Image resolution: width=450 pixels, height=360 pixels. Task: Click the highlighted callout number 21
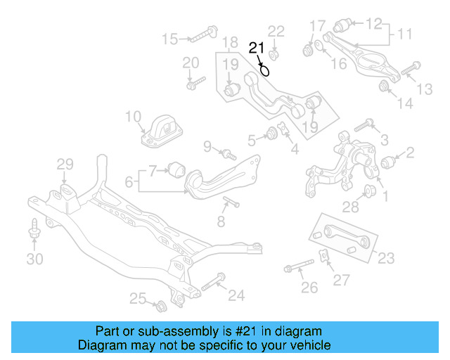pos(256,48)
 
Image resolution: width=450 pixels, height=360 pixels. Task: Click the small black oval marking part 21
pos(265,69)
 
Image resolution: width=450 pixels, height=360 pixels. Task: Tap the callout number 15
pos(170,38)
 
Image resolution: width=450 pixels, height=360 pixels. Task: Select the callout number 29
pos(65,165)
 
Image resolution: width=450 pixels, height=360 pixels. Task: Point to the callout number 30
pos(34,259)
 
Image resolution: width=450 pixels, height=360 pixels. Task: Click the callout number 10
pos(134,116)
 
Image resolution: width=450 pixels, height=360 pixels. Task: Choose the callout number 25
pos(138,299)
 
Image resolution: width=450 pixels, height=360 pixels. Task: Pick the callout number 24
pos(236,296)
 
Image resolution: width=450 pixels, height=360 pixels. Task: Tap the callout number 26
pos(309,287)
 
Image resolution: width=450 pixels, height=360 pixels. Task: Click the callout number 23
pos(386,258)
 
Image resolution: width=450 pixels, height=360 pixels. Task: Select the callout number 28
pos(351,205)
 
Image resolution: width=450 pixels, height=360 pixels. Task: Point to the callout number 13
pos(425,89)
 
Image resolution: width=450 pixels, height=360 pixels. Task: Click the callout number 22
pos(276,31)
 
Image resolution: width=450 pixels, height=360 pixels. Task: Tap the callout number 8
pos(221,222)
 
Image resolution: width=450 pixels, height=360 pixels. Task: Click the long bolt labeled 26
pos(299,267)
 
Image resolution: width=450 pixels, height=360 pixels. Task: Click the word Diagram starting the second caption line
pos(98,346)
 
